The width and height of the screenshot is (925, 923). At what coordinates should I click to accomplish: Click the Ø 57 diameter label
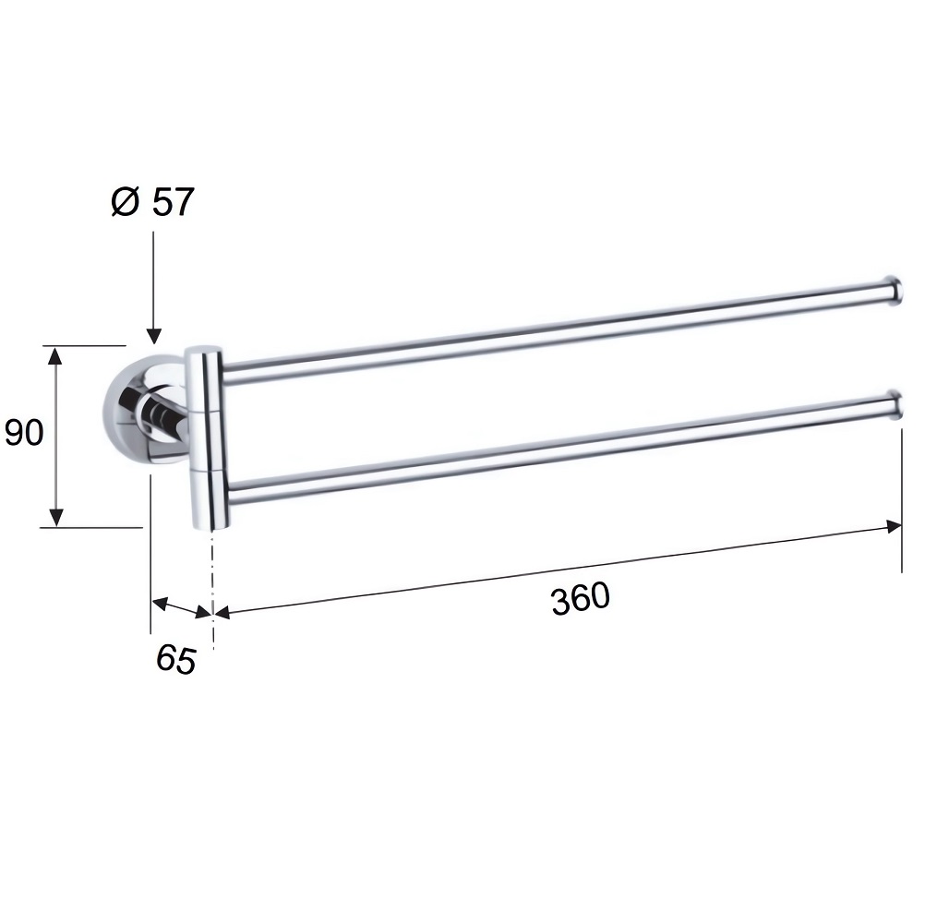[x=152, y=202]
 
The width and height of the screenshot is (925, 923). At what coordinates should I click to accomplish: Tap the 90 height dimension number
[x=24, y=432]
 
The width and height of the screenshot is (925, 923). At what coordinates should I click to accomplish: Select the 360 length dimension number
[x=581, y=598]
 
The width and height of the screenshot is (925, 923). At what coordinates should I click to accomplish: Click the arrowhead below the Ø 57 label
[x=153, y=336]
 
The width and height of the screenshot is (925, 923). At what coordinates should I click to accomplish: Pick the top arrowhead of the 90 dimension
[x=55, y=356]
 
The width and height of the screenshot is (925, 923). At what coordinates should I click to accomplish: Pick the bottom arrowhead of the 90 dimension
[x=55, y=517]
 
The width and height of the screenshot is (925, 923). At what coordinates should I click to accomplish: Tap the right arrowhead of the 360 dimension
[x=893, y=526]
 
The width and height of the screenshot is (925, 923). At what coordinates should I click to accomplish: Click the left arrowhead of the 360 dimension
[x=222, y=613]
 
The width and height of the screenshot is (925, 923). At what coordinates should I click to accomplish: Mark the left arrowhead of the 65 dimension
[x=161, y=604]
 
